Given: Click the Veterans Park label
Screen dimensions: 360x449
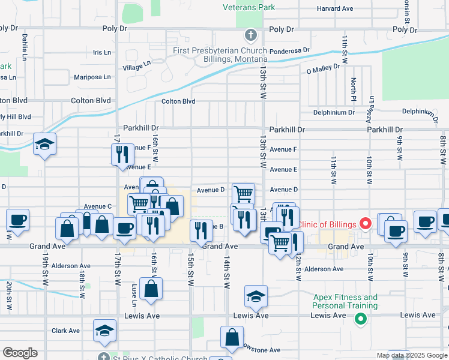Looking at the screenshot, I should point(249,8).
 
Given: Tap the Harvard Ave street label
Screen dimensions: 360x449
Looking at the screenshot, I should point(334,9).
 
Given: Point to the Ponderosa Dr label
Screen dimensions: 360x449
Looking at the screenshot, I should point(289,51).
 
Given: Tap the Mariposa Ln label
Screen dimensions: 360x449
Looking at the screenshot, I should point(92,77).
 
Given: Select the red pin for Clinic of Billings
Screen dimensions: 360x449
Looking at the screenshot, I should point(366,224).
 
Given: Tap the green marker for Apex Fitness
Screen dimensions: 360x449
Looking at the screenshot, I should point(360,319).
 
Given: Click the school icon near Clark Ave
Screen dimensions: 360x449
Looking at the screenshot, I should point(104,331).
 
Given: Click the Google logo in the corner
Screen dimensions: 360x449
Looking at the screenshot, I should point(20,353).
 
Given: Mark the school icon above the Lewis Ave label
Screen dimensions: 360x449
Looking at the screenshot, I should point(256,296).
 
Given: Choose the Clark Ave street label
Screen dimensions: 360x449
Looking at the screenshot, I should point(65,331).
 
